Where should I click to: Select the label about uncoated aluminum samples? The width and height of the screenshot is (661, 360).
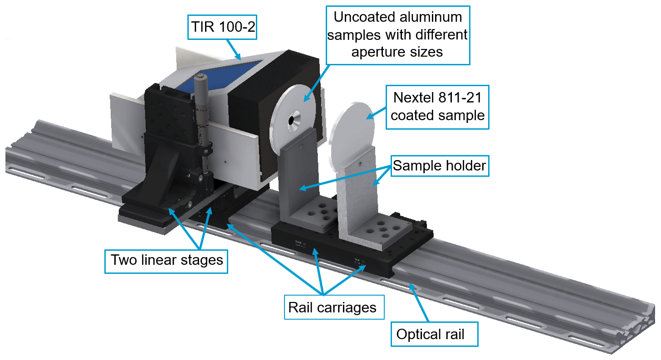point(397,35)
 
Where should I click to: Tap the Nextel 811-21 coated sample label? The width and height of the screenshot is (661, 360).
point(437,107)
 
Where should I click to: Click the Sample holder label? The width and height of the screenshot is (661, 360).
point(439,166)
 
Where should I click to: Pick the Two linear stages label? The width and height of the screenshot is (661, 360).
point(166,260)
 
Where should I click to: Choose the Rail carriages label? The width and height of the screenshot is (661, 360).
point(332,308)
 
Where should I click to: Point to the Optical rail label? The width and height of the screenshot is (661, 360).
point(430,335)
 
